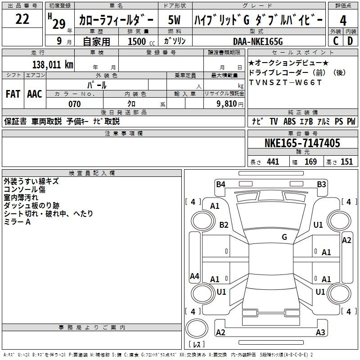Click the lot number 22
pyautogui.click(x=22, y=19)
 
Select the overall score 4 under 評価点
pyautogui.click(x=343, y=20)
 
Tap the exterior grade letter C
pyautogui.click(x=335, y=41)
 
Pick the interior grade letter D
pyautogui.click(x=350, y=41)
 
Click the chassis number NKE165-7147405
pyautogui.click(x=302, y=144)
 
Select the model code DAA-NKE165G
pyautogui.click(x=258, y=41)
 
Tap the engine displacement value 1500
pyautogui.click(x=137, y=41)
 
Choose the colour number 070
pyautogui.click(x=74, y=104)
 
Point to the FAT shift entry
pyautogui.click(x=13, y=94)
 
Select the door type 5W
pyautogui.click(x=174, y=20)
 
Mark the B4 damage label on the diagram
pyautogui.click(x=220, y=184)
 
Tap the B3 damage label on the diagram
pyautogui.click(x=321, y=184)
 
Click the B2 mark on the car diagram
pyautogui.click(x=224, y=225)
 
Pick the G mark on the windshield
pyautogui.click(x=284, y=237)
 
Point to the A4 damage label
pyautogui.click(x=194, y=276)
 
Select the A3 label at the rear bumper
pyautogui.click(x=320, y=333)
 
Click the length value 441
pyautogui.click(x=273, y=162)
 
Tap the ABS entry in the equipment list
pyautogui.click(x=289, y=121)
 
